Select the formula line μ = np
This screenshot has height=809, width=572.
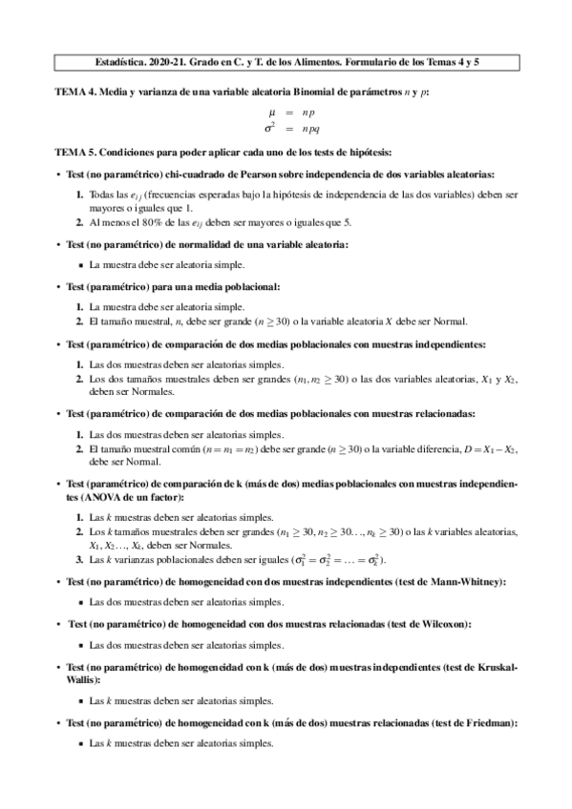pyautogui.click(x=285, y=112)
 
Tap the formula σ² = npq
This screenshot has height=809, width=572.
pyautogui.click(x=284, y=126)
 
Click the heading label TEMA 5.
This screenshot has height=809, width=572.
pyautogui.click(x=77, y=153)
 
